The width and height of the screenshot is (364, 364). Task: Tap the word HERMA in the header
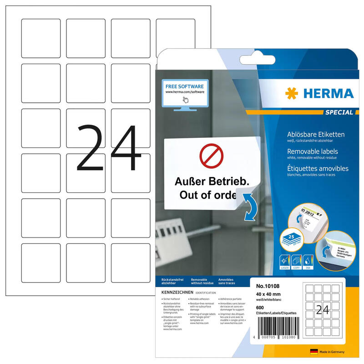coord(327,94)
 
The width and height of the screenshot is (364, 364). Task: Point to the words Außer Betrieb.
coord(212,181)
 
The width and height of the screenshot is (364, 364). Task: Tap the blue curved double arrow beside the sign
coord(250,207)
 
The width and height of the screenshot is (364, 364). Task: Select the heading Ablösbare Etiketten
coord(316,134)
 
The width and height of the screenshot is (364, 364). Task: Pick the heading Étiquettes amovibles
coord(318,168)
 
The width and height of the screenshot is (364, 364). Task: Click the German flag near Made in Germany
coord(313,352)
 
